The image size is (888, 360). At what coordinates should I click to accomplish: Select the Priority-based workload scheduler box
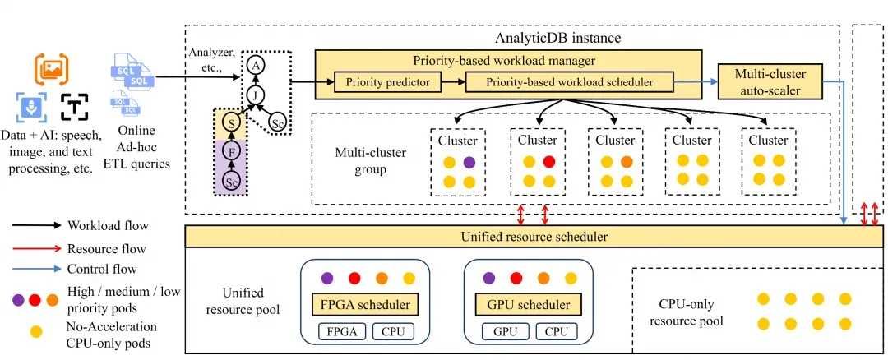coord(570,82)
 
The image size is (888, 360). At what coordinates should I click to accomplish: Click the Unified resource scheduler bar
coord(534,237)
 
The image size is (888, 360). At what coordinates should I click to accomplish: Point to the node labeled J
coord(256,95)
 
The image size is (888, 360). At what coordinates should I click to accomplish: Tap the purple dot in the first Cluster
coord(469,162)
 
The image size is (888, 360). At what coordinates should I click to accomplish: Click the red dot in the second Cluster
coord(548,162)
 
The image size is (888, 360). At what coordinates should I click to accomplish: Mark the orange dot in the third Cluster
coord(627,162)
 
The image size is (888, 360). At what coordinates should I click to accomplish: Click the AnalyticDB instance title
coord(557,38)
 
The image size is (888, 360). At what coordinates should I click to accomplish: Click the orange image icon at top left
coord(52,68)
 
